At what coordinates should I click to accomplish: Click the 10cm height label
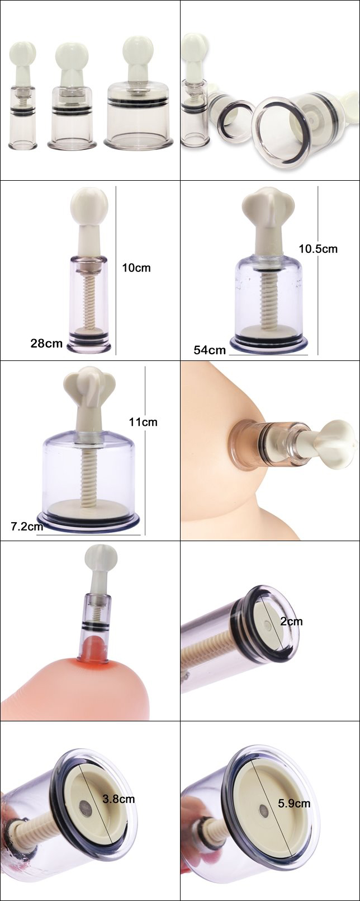136,268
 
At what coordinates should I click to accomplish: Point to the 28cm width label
46,343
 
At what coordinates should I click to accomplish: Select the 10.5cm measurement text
318,248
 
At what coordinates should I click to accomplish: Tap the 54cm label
210,350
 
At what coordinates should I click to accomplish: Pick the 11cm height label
143,422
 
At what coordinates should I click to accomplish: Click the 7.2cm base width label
27,526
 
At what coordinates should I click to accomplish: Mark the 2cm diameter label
291,621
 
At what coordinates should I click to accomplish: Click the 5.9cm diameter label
294,803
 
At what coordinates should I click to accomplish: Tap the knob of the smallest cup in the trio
22,53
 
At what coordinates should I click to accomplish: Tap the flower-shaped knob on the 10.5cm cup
269,204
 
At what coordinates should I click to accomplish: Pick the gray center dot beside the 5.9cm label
264,810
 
